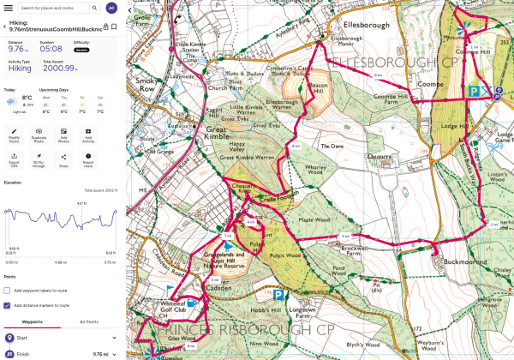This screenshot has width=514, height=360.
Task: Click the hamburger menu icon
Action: [8, 8]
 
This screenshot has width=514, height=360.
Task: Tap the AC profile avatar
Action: [111, 8]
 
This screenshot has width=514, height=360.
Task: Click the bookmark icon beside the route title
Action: [114, 27]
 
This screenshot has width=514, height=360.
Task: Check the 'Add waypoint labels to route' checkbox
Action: [8, 291]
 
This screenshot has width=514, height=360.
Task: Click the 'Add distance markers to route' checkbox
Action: [8, 304]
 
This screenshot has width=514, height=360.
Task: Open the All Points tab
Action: [88, 321]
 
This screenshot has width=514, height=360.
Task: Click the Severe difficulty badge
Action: [81, 50]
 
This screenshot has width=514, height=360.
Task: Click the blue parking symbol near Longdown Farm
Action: [278, 293]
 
